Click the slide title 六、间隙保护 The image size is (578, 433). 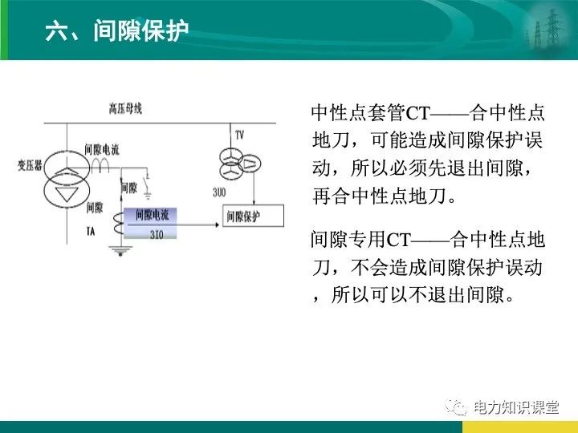click(x=117, y=31)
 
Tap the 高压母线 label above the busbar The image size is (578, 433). click(x=125, y=107)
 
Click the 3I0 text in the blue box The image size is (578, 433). click(x=156, y=235)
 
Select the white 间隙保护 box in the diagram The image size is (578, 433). click(x=251, y=216)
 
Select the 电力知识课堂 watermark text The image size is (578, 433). click(x=515, y=407)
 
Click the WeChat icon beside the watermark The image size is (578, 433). click(x=458, y=407)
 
